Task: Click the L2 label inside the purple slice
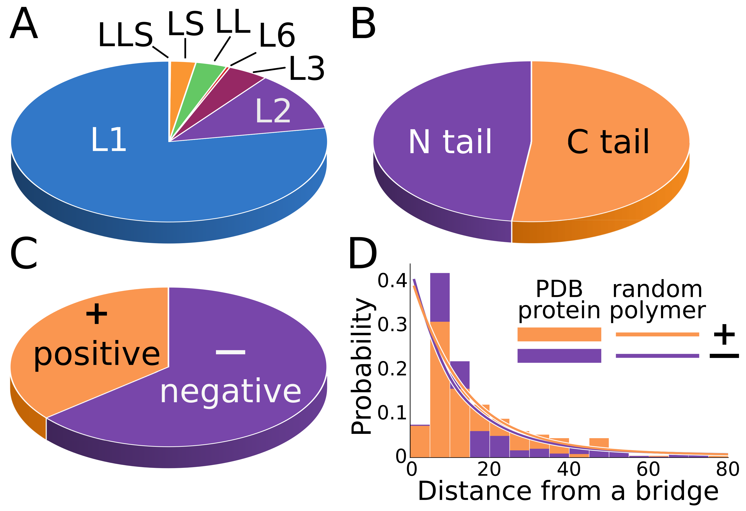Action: click(x=273, y=111)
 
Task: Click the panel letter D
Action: click(x=362, y=253)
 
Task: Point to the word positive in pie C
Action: click(x=97, y=355)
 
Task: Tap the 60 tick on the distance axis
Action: click(x=648, y=469)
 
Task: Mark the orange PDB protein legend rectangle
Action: click(x=559, y=334)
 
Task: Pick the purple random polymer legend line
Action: click(x=657, y=356)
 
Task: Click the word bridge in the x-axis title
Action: click(x=677, y=491)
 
